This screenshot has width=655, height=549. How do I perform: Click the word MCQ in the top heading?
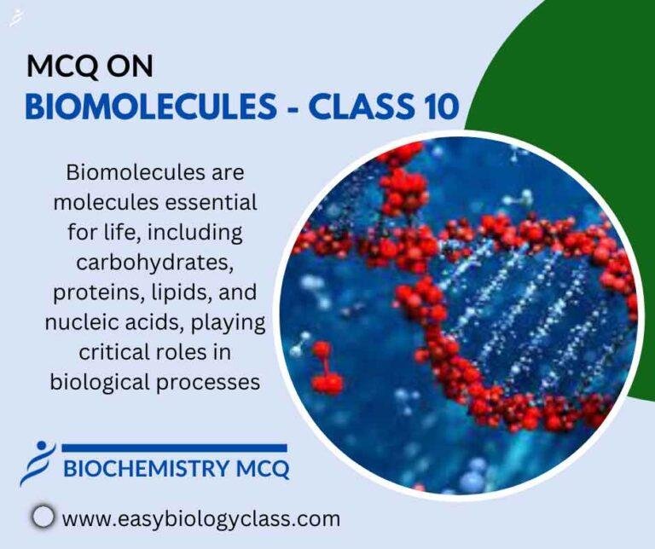[x=59, y=66]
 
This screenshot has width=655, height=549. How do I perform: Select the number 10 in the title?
[x=438, y=107]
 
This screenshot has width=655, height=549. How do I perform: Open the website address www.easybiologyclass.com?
[x=201, y=517]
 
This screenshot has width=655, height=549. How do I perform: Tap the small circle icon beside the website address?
[x=43, y=517]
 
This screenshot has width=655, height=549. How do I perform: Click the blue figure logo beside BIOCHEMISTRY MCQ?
[x=38, y=464]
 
